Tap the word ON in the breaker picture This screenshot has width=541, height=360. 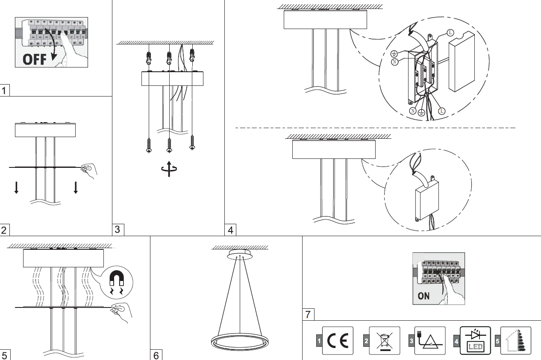[423, 296]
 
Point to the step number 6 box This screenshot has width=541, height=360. [156, 355]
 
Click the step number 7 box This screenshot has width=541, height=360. [308, 315]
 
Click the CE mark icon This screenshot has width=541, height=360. [338, 341]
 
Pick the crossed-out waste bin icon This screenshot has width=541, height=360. [385, 341]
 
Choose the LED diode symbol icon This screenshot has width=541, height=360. [475, 341]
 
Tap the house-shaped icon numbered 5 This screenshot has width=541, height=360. [515, 341]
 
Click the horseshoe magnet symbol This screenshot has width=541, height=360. [116, 282]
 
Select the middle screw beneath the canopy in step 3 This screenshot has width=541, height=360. [169, 145]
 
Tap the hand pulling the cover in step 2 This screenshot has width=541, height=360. [89, 170]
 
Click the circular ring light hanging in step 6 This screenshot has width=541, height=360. [240, 342]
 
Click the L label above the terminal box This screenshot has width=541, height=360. [450, 32]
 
